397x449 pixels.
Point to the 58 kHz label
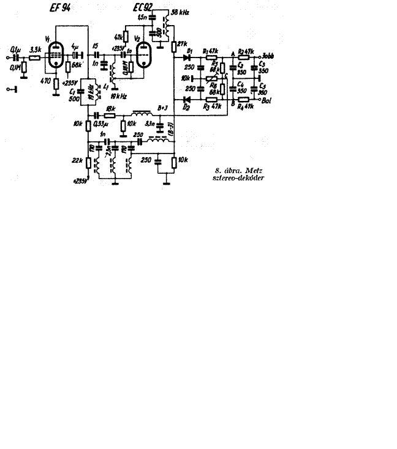pos(180,12)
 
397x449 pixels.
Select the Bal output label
pos(267,102)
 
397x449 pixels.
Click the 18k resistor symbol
pos(111,114)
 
